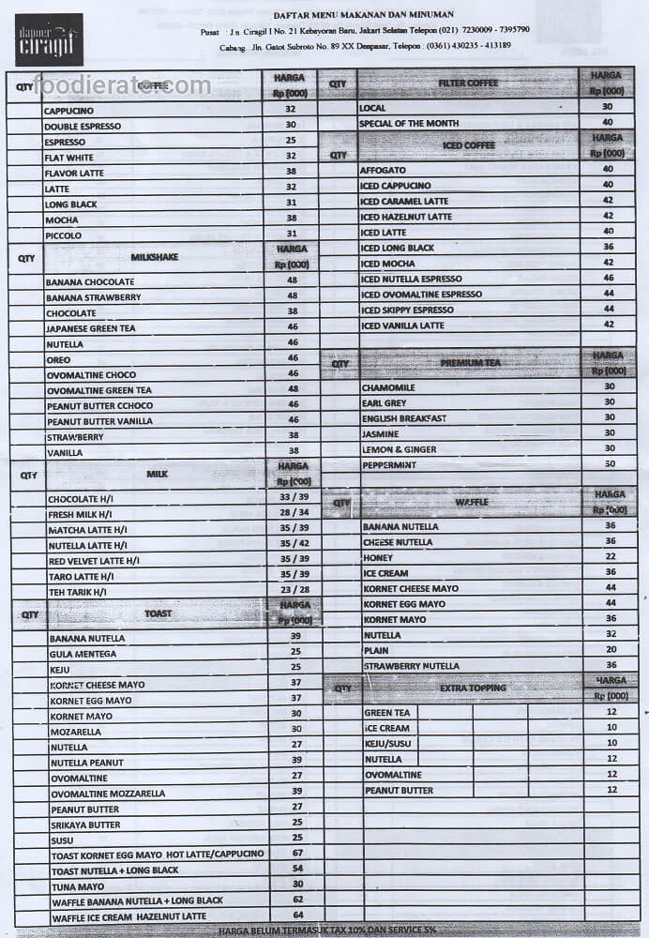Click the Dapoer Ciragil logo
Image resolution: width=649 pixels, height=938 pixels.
(49, 39)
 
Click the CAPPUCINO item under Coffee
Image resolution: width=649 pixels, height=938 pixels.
(75, 110)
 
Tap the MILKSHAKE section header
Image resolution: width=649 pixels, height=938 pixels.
(155, 256)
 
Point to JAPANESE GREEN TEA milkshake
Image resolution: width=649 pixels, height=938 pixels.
(91, 328)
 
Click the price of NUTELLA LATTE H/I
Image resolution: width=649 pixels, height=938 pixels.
(294, 543)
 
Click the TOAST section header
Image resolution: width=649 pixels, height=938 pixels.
(158, 614)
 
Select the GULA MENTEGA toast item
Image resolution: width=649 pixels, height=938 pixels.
(83, 654)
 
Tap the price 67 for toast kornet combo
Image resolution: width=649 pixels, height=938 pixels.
(296, 854)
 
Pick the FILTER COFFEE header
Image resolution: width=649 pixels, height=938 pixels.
(468, 83)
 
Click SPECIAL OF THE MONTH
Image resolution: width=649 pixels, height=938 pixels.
(409, 123)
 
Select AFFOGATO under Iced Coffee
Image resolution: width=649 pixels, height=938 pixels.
(383, 170)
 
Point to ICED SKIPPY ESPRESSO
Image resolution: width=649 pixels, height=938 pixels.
(407, 310)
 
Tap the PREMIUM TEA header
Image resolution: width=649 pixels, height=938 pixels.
(471, 362)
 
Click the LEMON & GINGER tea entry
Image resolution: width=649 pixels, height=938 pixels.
(400, 449)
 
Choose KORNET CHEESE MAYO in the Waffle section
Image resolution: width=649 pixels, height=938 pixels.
(411, 589)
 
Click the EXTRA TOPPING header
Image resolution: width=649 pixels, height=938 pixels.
(473, 688)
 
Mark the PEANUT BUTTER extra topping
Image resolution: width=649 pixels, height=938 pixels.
(399, 791)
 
